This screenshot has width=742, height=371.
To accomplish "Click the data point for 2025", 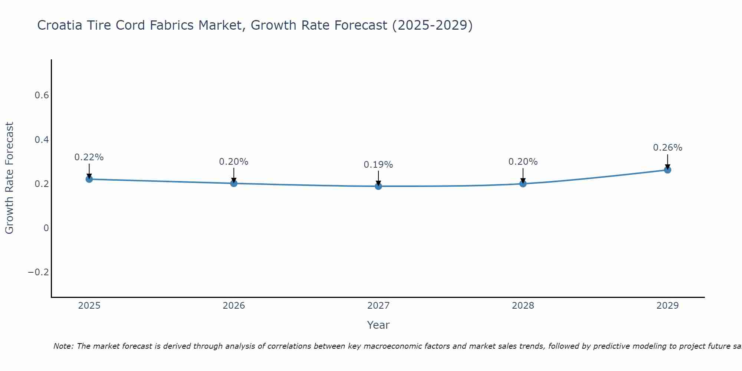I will [89, 179].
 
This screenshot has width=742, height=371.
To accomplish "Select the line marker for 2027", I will [378, 186].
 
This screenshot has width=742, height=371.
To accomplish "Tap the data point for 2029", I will [667, 170].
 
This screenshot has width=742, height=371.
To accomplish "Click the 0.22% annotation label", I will [89, 157].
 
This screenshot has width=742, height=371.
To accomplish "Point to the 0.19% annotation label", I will [378, 165].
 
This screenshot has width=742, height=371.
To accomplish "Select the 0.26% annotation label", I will [667, 148].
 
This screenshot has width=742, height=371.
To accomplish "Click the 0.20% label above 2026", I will [234, 162].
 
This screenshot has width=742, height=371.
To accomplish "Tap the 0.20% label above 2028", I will [523, 162].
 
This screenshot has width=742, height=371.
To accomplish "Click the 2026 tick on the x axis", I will [234, 306].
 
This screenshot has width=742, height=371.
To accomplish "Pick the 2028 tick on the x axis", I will [523, 306].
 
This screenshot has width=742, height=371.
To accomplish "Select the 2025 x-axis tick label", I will [89, 306].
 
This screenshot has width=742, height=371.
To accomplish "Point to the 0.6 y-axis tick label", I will [42, 95].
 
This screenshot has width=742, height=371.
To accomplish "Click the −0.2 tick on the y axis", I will [38, 272].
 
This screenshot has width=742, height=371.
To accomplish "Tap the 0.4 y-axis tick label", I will [42, 140].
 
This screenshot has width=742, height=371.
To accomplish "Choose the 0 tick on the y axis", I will [46, 228].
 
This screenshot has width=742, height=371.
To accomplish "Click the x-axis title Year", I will [378, 325].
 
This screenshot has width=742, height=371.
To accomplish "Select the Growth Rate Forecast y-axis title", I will [9, 178].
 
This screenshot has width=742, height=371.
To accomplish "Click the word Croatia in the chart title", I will [59, 25].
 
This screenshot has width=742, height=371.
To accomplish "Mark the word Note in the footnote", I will [63, 347].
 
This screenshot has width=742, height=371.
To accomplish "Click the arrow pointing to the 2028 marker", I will [523, 175].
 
